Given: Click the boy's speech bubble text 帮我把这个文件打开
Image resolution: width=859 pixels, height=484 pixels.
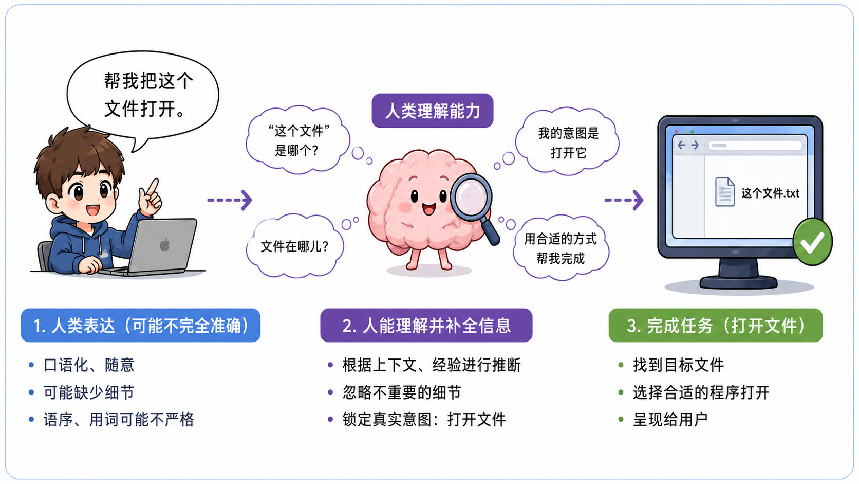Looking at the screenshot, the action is (148, 95).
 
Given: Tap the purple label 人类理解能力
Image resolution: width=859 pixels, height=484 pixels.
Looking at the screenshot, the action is (432, 111).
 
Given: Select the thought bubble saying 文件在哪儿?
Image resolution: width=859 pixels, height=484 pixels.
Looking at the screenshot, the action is (294, 246).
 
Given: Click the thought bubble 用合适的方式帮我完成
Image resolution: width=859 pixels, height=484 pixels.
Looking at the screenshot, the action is (561, 248).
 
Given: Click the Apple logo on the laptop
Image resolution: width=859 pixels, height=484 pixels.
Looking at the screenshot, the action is (165, 245).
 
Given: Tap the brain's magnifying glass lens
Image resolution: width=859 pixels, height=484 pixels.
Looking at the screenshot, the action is (471, 196).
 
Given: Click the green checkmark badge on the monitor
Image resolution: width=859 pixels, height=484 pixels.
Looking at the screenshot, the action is (812, 242).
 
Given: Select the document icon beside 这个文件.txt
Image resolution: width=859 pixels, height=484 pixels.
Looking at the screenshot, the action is (724, 192).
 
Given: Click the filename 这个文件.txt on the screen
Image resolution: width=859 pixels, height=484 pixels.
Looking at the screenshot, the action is (770, 193).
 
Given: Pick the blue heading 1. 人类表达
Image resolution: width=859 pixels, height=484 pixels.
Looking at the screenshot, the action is (140, 326).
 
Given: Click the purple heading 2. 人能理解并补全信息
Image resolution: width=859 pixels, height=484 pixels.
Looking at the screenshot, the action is (426, 326).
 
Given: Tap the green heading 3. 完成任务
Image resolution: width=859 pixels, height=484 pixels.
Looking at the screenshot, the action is (716, 326).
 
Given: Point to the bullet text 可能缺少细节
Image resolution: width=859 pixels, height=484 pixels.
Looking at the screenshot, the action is (88, 392).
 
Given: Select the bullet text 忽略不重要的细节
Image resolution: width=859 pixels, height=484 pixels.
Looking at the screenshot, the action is (402, 392).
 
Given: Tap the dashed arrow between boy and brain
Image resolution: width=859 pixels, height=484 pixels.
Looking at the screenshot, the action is (229, 200).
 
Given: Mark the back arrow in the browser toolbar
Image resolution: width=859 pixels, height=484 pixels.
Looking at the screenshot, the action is (681, 145).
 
